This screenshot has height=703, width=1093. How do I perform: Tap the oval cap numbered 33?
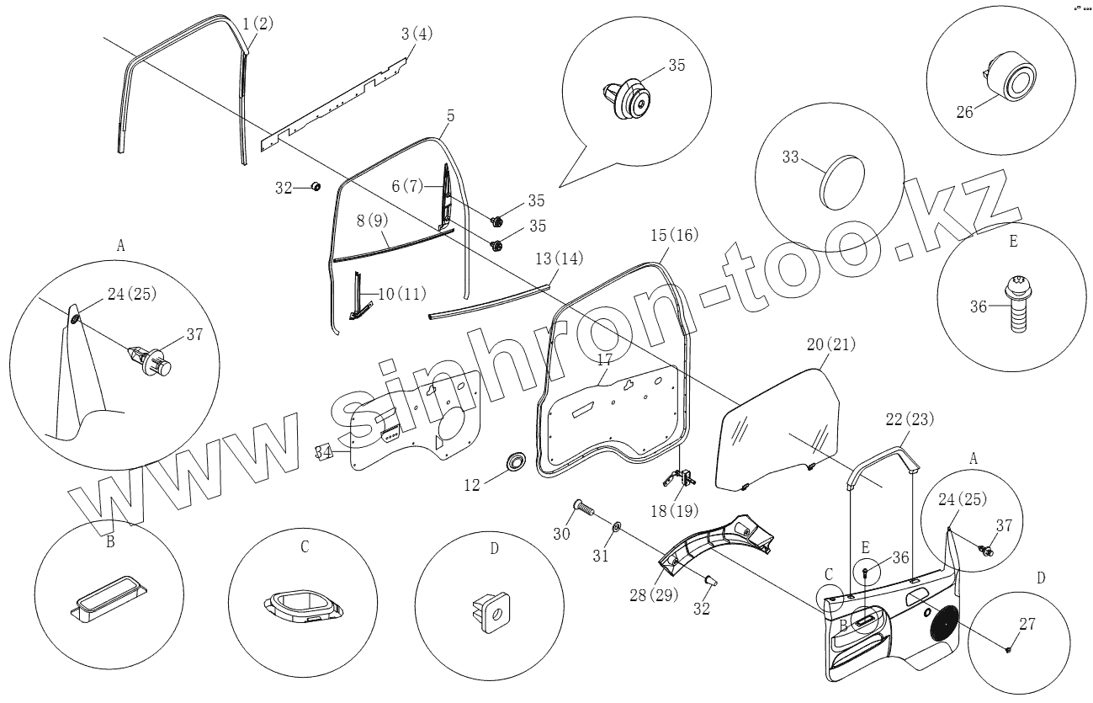842,180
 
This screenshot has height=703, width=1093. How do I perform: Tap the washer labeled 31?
616,527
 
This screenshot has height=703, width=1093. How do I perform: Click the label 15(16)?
674,236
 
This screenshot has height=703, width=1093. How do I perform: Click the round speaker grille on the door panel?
943,623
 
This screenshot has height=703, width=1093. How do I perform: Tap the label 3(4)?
417,35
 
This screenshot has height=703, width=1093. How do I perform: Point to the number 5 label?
449,115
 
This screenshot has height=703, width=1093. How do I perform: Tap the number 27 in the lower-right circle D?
1027,624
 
